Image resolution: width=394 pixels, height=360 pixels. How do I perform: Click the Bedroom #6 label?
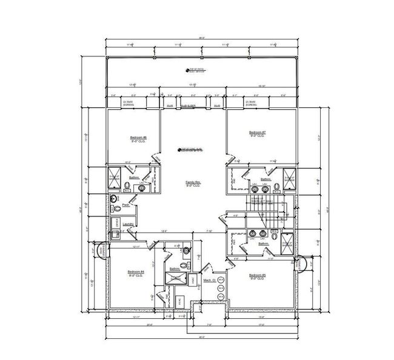pos(134,139)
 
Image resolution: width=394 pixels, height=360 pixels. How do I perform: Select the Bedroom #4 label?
pos(135,272)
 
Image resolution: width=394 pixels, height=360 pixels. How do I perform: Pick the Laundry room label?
pos(127,224)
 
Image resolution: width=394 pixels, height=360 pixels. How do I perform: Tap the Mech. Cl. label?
pos(210,281)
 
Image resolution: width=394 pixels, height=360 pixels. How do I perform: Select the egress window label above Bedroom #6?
pos(128,104)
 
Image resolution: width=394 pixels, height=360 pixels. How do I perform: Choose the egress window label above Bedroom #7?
pos(252,104)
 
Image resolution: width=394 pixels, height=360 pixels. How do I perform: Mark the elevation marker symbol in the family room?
pos(179,148)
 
